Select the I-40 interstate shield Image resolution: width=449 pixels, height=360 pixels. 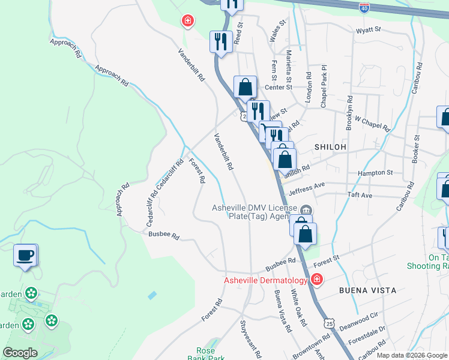[x=364, y=8]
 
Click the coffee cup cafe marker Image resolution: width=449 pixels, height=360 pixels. [x=25, y=256]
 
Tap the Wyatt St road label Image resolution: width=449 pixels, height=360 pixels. [x=368, y=29]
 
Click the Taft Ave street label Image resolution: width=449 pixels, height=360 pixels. [x=360, y=196]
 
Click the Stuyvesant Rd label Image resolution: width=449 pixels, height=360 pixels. [x=250, y=339]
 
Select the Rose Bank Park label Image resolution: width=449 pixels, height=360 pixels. [x=210, y=354]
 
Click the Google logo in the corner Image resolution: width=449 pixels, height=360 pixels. [x=20, y=353]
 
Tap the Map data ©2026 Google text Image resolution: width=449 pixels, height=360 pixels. [x=412, y=355]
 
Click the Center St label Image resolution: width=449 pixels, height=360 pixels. [x=278, y=87]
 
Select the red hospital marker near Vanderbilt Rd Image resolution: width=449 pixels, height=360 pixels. [x=188, y=21]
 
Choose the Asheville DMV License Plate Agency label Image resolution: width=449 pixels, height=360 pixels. [x=255, y=212]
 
